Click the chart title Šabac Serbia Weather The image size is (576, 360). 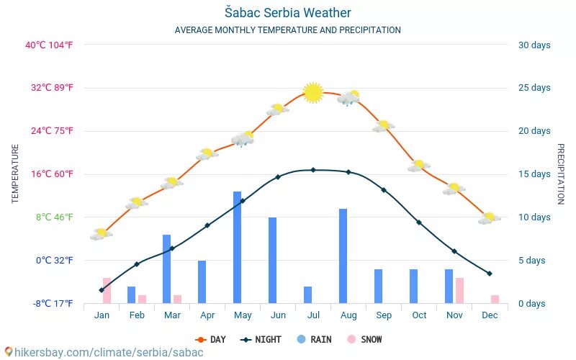(287, 13)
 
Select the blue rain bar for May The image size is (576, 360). (237, 247)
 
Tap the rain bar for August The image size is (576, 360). (343, 256)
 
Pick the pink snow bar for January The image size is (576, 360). (107, 290)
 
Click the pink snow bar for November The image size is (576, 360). (459, 290)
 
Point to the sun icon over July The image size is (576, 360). (313, 92)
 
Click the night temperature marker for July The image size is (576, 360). (313, 170)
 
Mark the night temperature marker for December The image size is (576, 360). (490, 274)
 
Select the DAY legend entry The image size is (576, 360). (210, 339)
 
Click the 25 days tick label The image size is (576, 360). (534, 88)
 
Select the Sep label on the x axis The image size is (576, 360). (384, 315)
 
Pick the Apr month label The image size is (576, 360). (207, 315)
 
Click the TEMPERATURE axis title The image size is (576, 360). (15, 174)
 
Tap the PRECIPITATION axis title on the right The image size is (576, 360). (561, 174)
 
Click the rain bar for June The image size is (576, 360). (272, 260)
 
